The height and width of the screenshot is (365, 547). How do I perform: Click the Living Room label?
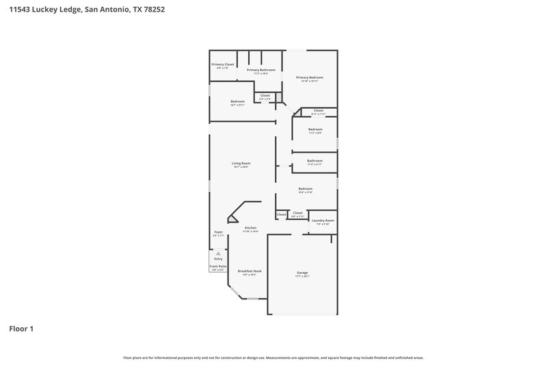pos(241,163)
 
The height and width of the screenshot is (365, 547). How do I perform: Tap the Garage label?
pos(302,273)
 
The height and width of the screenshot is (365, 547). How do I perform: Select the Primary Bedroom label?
pos(310,77)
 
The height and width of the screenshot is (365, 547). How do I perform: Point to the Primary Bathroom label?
pos(261,70)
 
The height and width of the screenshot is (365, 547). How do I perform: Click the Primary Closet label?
pos(223,64)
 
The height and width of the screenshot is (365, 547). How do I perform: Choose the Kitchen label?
pos(251,227)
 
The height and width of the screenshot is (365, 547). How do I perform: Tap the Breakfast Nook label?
pos(250,271)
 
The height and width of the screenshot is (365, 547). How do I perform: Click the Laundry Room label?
pos(323,221)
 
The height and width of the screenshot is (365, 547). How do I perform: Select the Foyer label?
pos(219,232)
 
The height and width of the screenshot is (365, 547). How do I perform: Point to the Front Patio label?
pos(218,266)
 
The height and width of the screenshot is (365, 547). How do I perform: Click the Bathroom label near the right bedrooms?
pos(315,161)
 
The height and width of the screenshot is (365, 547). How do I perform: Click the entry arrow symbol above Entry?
pos(218,253)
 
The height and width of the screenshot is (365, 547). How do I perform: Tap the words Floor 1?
pos(21,329)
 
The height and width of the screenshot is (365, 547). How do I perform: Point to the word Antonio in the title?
pos(114,10)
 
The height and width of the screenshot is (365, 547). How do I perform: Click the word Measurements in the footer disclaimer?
pos(278,357)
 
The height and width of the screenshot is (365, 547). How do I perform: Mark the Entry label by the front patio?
pos(218,259)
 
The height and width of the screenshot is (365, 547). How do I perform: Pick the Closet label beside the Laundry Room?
pos(298,213)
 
